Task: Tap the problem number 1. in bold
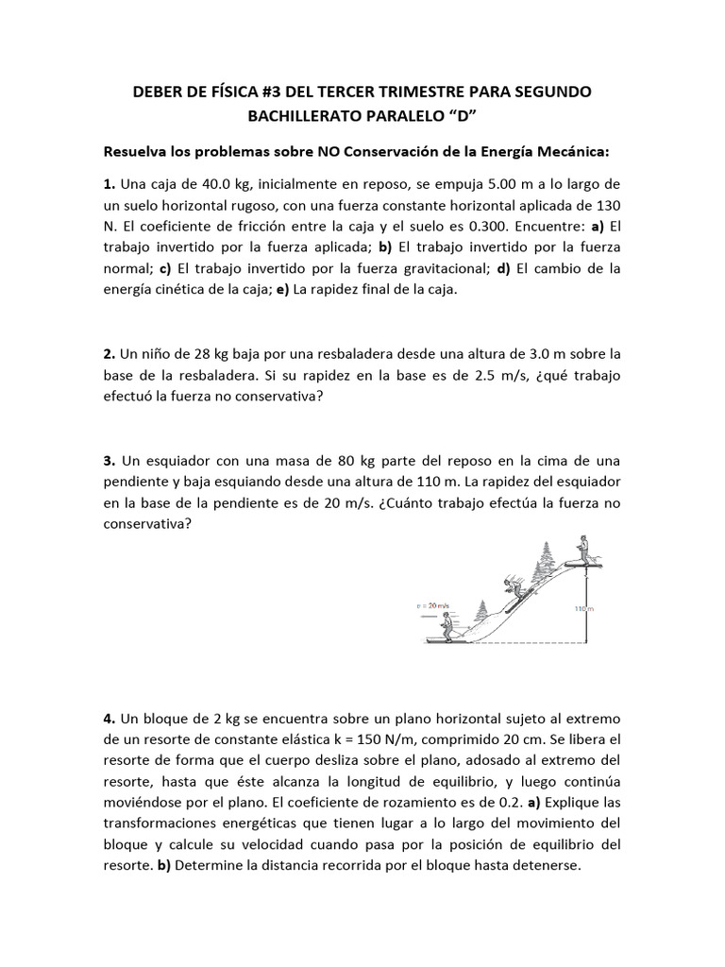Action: (109, 183)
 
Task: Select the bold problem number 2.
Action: (109, 354)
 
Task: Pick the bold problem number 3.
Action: (109, 461)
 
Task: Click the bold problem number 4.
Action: (109, 717)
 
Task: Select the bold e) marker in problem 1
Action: (281, 291)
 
